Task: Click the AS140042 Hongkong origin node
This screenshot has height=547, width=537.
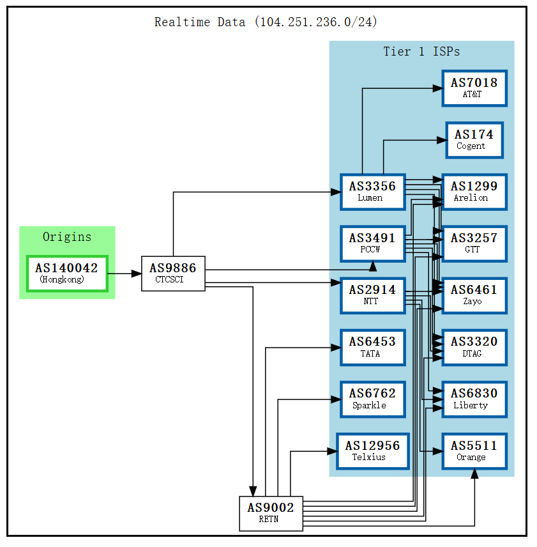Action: point(67,273)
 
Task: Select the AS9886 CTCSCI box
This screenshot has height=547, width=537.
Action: point(173,273)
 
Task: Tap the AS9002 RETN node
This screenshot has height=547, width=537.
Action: point(271,513)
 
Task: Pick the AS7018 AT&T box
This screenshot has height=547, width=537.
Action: point(474,88)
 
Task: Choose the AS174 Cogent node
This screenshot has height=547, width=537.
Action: point(474,140)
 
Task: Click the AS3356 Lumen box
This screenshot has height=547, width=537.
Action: point(372,192)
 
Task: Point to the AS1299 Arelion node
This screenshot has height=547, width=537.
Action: point(474,192)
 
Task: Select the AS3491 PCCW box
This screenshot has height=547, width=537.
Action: point(372,243)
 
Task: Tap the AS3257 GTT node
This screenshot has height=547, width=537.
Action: point(474,243)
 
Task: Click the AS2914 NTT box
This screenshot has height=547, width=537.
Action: point(372,295)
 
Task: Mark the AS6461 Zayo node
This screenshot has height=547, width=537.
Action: point(474,295)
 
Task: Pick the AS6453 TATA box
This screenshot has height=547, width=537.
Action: point(372,347)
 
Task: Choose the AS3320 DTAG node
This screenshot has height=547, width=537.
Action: point(474,347)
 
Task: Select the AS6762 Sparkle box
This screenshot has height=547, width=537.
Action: point(372,399)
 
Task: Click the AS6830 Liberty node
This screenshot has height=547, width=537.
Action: point(474,399)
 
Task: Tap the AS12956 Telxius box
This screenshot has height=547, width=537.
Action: point(372,451)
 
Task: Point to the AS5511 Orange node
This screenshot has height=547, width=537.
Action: point(474,451)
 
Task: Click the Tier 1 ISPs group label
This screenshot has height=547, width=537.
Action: point(421,52)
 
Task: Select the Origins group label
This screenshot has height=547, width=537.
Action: point(67,237)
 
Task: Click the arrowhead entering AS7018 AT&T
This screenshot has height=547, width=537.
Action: point(437,88)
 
